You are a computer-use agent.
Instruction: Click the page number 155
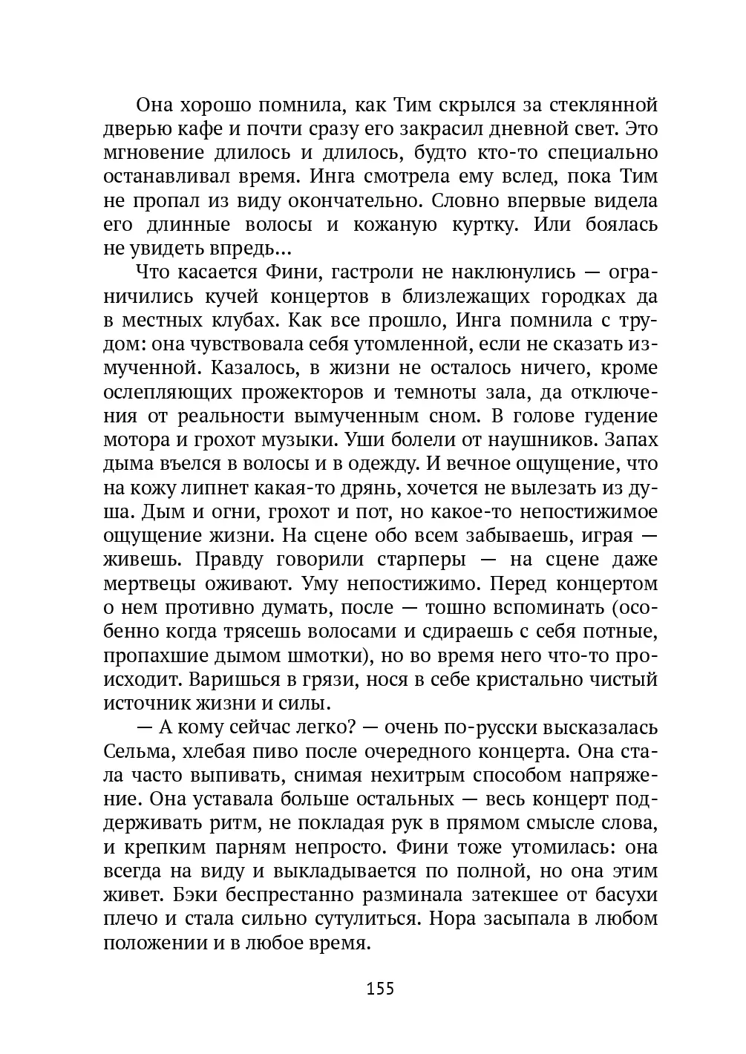coord(379,988)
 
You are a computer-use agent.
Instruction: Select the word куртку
coord(482,224)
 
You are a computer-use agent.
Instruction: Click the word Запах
coord(632,440)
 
